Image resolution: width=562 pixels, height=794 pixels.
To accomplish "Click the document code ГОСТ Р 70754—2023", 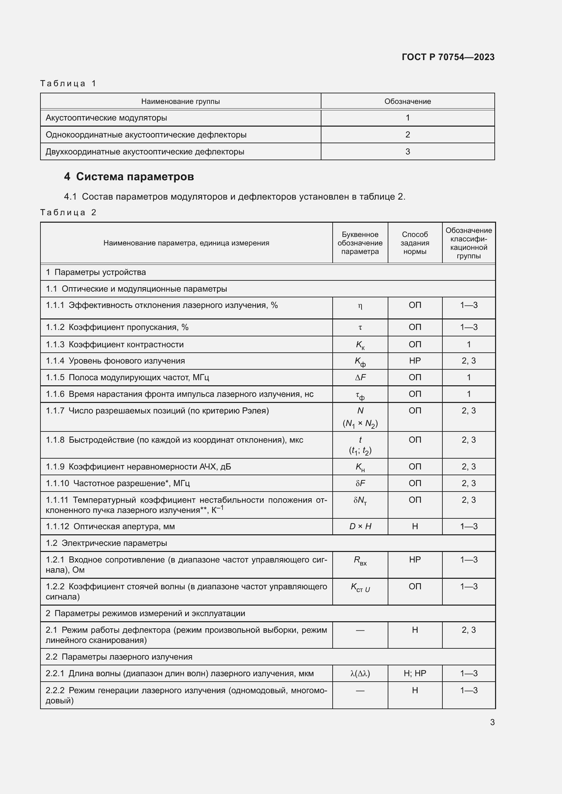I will (x=448, y=57).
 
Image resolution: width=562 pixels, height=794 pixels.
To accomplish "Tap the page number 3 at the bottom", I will (x=492, y=722).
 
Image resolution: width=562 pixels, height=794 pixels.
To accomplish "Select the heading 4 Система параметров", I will (x=129, y=177).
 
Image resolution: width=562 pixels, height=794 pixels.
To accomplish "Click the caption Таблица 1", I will (x=68, y=84).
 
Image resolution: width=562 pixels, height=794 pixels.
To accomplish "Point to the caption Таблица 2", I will (x=68, y=212).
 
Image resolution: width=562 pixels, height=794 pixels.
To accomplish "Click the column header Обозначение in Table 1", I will (x=407, y=101).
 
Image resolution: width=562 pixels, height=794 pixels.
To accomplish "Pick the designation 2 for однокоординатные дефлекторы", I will (x=407, y=134).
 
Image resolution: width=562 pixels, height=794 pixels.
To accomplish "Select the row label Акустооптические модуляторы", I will (x=106, y=118).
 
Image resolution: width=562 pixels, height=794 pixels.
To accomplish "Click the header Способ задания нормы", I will (x=415, y=243).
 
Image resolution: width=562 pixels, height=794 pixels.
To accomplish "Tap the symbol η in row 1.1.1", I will (x=360, y=306).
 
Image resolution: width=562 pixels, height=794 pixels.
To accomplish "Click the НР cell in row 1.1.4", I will (x=415, y=361).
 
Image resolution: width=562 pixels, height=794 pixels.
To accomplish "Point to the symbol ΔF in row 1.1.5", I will (x=360, y=377).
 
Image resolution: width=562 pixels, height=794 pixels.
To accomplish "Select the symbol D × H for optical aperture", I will (x=360, y=527).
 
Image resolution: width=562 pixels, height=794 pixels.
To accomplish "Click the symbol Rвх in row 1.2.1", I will (x=360, y=560).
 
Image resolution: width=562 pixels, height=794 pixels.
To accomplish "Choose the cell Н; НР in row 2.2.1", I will (x=415, y=673).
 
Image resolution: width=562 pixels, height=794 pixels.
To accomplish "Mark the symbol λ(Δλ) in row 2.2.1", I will (x=360, y=673).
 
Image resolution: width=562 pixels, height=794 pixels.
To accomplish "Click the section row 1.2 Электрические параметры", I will (x=106, y=543).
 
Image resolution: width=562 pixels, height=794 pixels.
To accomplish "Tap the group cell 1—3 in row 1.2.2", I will (x=469, y=587).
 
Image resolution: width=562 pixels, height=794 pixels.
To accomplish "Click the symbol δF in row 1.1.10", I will (x=360, y=483).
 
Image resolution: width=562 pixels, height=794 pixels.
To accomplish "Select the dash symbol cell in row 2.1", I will (x=360, y=630).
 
